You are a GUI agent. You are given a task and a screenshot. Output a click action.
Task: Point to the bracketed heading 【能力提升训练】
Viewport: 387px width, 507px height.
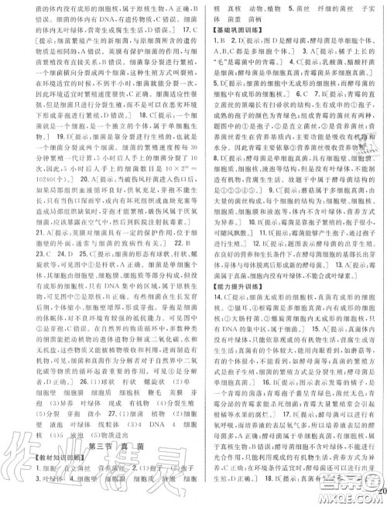click(236, 305)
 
